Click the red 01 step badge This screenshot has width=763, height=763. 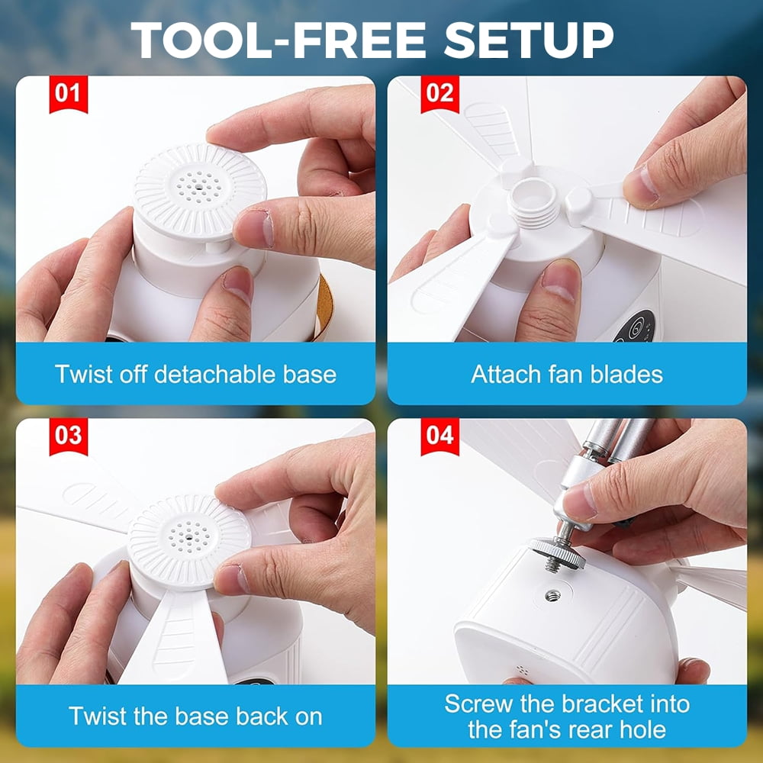click(69, 94)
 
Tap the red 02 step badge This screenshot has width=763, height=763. click(440, 94)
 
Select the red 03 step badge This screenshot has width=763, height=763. click(69, 436)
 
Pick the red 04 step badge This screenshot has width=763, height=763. click(440, 436)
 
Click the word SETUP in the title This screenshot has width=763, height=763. click(529, 40)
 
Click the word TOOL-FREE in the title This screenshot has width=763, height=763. click(278, 40)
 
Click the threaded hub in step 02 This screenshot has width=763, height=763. click(534, 202)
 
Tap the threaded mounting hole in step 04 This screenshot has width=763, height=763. click(552, 595)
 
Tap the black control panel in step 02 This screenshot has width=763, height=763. click(634, 326)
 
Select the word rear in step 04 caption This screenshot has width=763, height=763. click(592, 729)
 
